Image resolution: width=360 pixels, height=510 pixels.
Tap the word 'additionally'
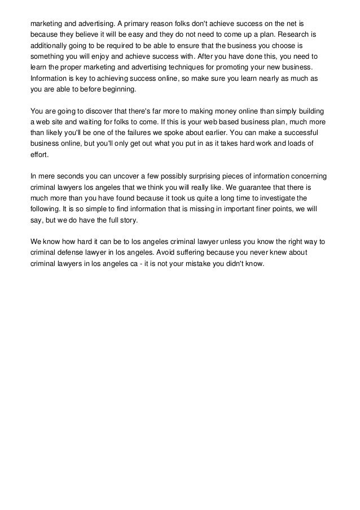coord(50,46)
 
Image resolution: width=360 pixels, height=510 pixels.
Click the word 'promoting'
coord(232,68)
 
